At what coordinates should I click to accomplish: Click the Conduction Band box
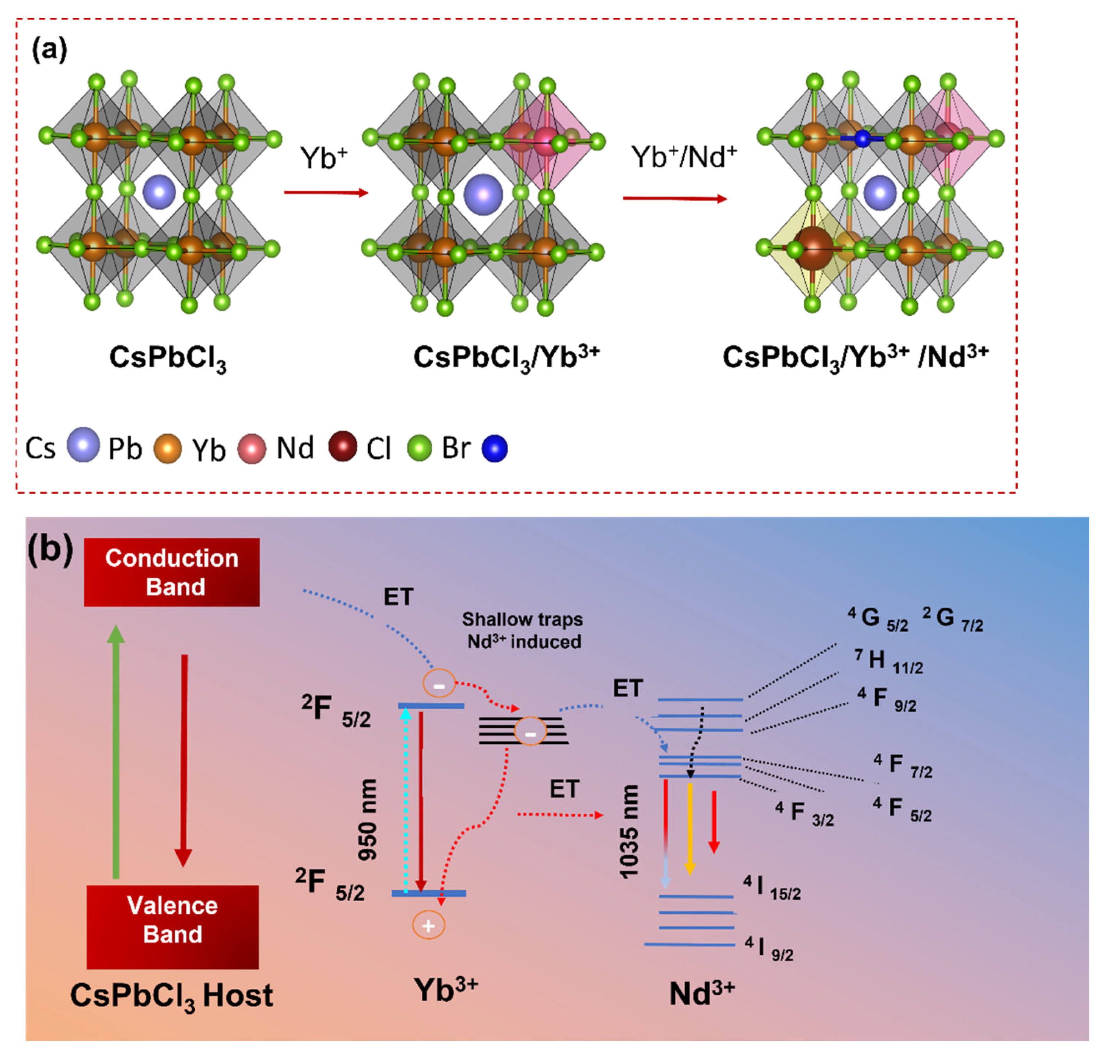tap(172, 572)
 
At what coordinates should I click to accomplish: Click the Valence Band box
tap(172, 926)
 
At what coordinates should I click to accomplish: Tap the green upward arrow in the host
tap(116, 752)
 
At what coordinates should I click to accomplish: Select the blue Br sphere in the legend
tap(494, 449)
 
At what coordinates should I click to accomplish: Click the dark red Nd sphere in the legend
tap(342, 447)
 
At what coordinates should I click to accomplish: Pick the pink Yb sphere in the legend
tap(251, 449)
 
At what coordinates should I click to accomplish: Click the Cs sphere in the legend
tap(83, 445)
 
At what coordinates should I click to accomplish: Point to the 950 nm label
tap(368, 820)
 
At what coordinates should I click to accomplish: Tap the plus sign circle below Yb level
tap(429, 925)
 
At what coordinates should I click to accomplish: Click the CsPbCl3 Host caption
tap(171, 996)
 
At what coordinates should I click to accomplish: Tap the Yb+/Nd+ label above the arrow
tap(684, 157)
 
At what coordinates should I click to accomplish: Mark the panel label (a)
tap(49, 49)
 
